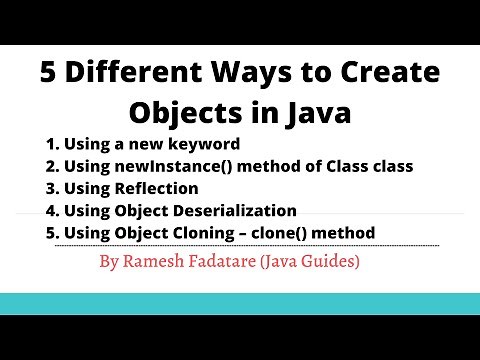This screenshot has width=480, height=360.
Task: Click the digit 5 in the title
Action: point(48,72)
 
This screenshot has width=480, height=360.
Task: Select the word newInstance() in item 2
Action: point(159,166)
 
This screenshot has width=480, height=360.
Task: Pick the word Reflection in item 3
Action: point(159,188)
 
